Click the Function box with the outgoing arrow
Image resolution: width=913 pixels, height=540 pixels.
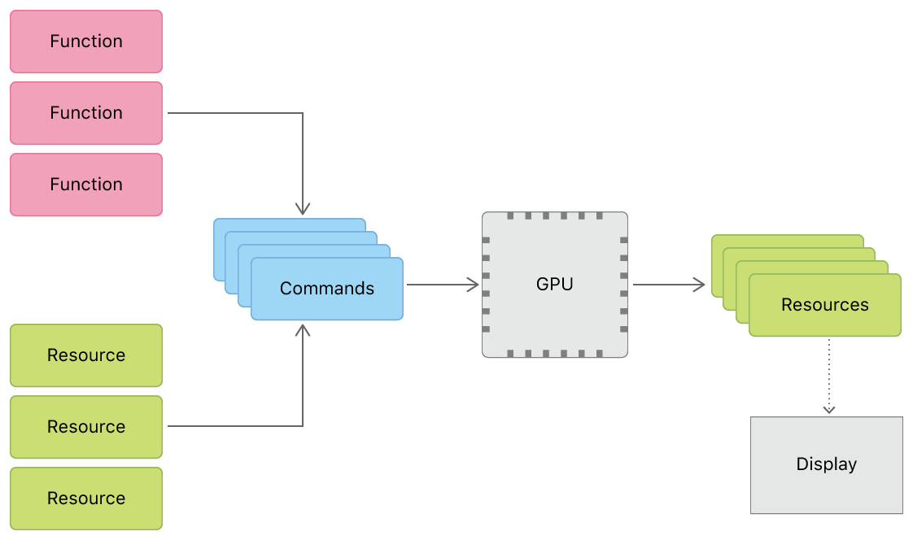point(86,113)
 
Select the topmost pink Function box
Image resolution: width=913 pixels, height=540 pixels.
point(86,41)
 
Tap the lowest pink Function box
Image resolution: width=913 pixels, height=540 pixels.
point(86,185)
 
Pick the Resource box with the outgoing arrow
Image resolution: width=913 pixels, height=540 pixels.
point(86,427)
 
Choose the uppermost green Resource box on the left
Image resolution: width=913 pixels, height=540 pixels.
point(86,355)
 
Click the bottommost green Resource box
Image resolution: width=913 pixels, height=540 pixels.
point(86,499)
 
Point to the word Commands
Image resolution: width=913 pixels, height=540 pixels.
point(327,289)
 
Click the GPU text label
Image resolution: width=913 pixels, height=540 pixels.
point(554,284)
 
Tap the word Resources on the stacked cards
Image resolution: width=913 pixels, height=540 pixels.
point(824,305)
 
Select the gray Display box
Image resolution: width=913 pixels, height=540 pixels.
point(826,464)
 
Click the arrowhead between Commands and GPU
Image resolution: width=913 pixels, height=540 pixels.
point(473,285)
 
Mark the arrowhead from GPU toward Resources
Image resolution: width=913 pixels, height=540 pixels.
point(699,285)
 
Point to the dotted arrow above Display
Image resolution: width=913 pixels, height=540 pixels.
point(828,374)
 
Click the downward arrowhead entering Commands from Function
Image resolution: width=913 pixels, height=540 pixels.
point(303,209)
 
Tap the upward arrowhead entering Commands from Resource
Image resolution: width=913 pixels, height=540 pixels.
point(303,329)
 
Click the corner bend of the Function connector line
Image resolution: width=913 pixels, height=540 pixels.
point(303,113)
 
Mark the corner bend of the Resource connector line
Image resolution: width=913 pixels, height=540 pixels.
point(303,426)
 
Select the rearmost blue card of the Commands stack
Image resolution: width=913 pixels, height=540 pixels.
point(288,224)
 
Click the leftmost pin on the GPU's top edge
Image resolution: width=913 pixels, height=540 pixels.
point(510,216)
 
